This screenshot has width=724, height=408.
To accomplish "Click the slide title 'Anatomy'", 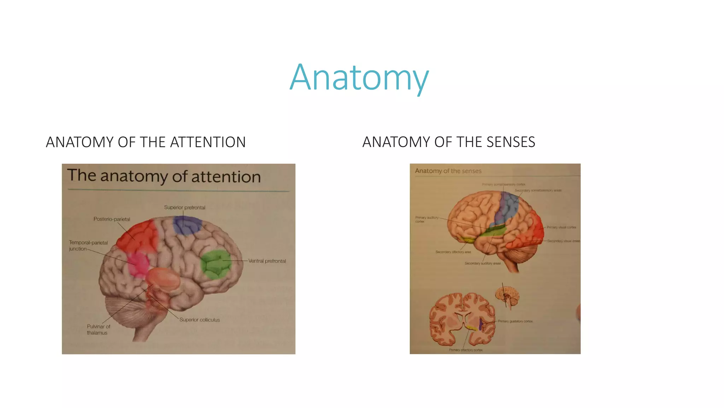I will click(x=359, y=77).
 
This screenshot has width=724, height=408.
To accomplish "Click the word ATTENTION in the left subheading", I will click(x=208, y=142).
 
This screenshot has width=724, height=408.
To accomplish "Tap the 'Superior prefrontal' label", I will click(x=185, y=208).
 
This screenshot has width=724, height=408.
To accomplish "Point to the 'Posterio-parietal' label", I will click(x=112, y=219).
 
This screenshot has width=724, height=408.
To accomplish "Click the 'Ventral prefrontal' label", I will click(x=267, y=261).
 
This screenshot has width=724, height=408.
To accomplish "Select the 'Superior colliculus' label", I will click(x=199, y=320).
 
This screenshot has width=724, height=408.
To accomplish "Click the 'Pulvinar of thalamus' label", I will click(x=98, y=329).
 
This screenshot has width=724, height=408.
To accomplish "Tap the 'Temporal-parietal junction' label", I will click(x=88, y=245).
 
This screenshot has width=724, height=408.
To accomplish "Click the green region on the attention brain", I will click(x=216, y=264).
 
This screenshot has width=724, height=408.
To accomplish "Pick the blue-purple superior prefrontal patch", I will click(x=187, y=225).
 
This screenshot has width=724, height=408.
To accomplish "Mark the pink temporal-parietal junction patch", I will click(x=138, y=264).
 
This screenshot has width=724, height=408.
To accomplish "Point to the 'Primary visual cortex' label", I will click(x=561, y=227).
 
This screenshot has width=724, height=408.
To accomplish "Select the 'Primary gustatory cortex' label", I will click(x=515, y=321).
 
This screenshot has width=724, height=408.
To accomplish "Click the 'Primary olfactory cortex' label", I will click(x=466, y=350).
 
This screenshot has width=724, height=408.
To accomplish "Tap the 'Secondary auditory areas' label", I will click(x=482, y=263).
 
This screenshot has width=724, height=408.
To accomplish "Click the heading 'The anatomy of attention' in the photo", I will click(x=164, y=176).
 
